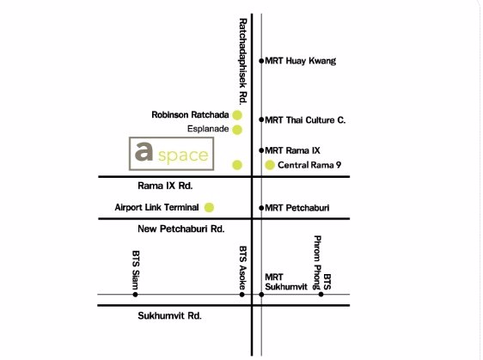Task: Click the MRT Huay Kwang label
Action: pyautogui.click(x=301, y=61)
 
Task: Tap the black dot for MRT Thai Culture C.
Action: pyautogui.click(x=261, y=120)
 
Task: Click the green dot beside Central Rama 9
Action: pyautogui.click(x=270, y=165)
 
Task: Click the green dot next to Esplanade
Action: pyautogui.click(x=237, y=130)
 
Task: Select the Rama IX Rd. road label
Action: pyautogui.click(x=166, y=185)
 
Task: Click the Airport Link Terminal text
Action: pyautogui.click(x=157, y=207)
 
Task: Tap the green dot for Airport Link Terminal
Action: pyautogui.click(x=209, y=207)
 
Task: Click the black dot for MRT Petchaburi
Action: pyautogui.click(x=261, y=208)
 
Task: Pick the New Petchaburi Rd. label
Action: pyautogui.click(x=181, y=229)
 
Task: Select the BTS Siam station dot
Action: pyautogui.click(x=135, y=295)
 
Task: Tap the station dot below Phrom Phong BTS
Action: pyautogui.click(x=321, y=295)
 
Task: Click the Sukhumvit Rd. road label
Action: pyautogui.click(x=169, y=316)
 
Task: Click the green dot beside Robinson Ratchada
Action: pyautogui.click(x=237, y=114)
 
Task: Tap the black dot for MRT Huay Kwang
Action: pyautogui.click(x=261, y=61)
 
